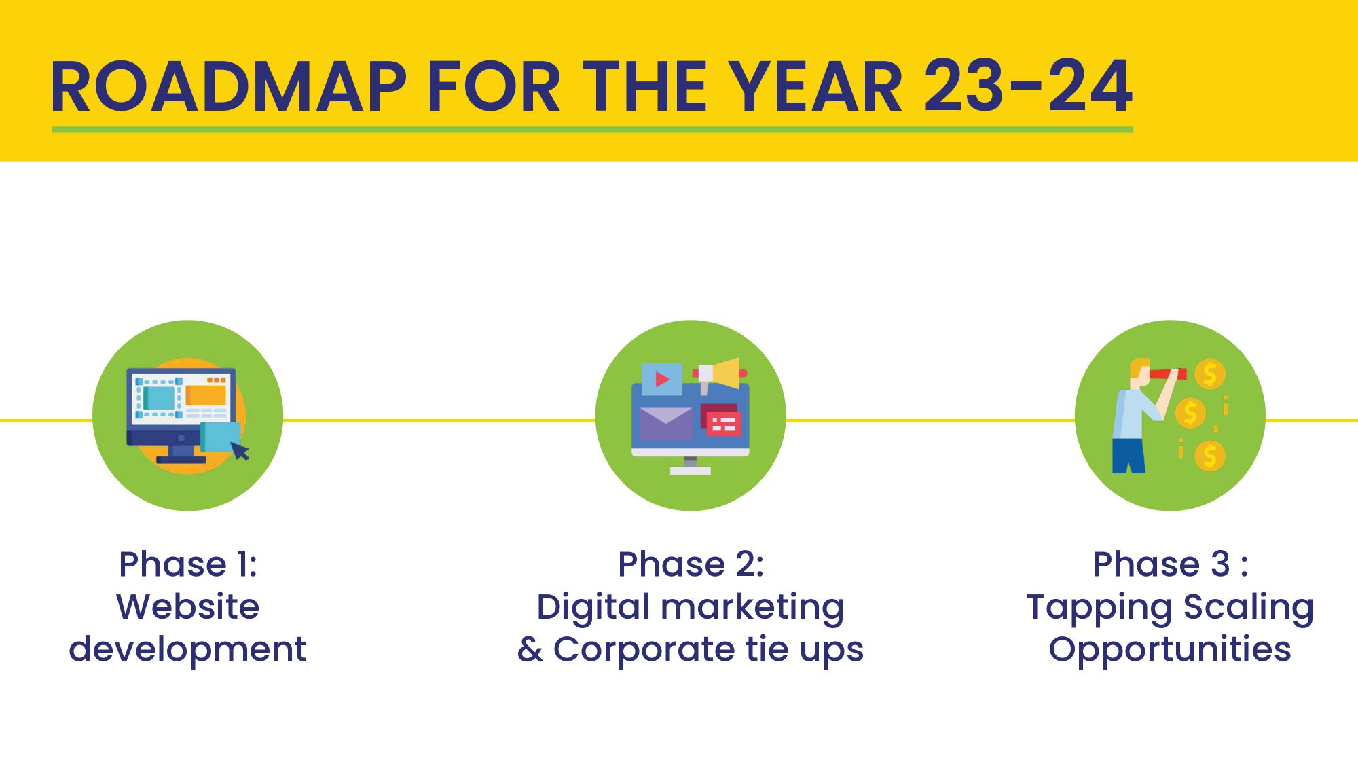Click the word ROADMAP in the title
228,86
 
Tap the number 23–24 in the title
1028,86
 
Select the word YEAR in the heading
818,86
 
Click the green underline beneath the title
592,129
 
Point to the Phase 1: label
188,564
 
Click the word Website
188,606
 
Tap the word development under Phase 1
188,650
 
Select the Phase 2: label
691,564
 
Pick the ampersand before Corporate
530,649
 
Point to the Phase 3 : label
1170,564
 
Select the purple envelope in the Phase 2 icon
666,424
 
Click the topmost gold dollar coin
1209,374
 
